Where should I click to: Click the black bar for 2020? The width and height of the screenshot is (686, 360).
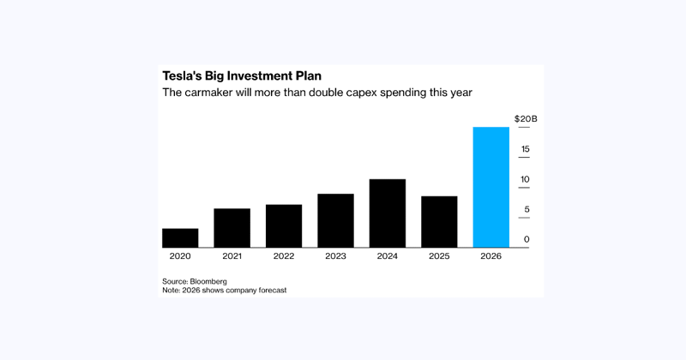point(180,238)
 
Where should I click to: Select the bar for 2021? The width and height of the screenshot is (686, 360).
point(232,228)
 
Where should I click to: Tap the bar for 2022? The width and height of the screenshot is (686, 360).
point(284,226)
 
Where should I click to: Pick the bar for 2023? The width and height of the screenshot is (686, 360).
point(335,221)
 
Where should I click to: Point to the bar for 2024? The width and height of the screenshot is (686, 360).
point(388,213)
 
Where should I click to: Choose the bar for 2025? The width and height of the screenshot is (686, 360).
point(439,222)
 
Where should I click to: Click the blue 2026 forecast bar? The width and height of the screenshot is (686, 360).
point(491,188)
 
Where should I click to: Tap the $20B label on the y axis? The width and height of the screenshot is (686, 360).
point(525,118)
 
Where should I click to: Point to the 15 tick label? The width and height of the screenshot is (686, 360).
point(525,149)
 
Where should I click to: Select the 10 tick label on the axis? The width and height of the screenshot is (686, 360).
point(525,179)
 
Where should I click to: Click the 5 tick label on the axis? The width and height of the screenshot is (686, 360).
point(527,209)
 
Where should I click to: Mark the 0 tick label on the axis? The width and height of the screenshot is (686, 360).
point(527,239)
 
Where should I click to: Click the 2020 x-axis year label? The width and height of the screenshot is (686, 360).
point(180,256)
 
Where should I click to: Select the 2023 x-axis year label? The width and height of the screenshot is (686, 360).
point(335,256)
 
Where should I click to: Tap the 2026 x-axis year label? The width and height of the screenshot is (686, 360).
point(491,256)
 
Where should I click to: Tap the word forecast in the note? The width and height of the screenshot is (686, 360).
point(266,291)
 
